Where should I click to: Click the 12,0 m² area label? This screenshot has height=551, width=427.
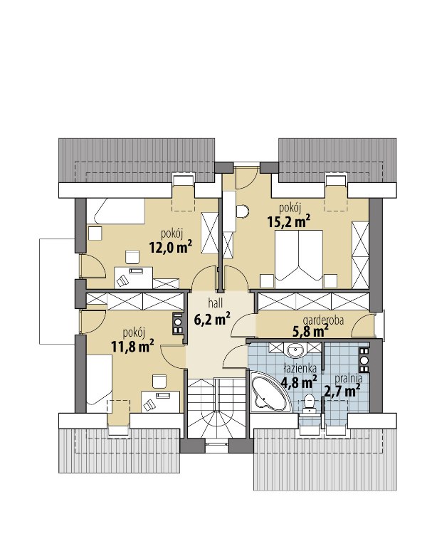[170, 248]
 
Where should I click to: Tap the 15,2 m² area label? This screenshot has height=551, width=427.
[289, 221]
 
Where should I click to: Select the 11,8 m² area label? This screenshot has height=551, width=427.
[132, 346]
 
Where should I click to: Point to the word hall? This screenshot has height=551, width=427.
[215, 303]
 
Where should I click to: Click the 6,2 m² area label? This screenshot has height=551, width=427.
[212, 319]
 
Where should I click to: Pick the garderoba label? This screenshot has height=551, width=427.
[323, 320]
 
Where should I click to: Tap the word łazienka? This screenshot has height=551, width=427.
[300, 368]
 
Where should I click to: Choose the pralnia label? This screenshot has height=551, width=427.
[348, 379]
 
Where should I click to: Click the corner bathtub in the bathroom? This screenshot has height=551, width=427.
[269, 391]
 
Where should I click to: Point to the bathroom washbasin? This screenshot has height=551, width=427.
[295, 350]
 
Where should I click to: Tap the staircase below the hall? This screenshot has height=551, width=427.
[216, 408]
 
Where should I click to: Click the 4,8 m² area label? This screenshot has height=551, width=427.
[299, 382]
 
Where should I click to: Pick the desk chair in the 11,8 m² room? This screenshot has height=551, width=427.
[159, 382]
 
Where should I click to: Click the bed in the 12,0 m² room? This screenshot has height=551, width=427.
[115, 211]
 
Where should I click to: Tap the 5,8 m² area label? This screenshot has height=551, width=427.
[310, 330]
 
